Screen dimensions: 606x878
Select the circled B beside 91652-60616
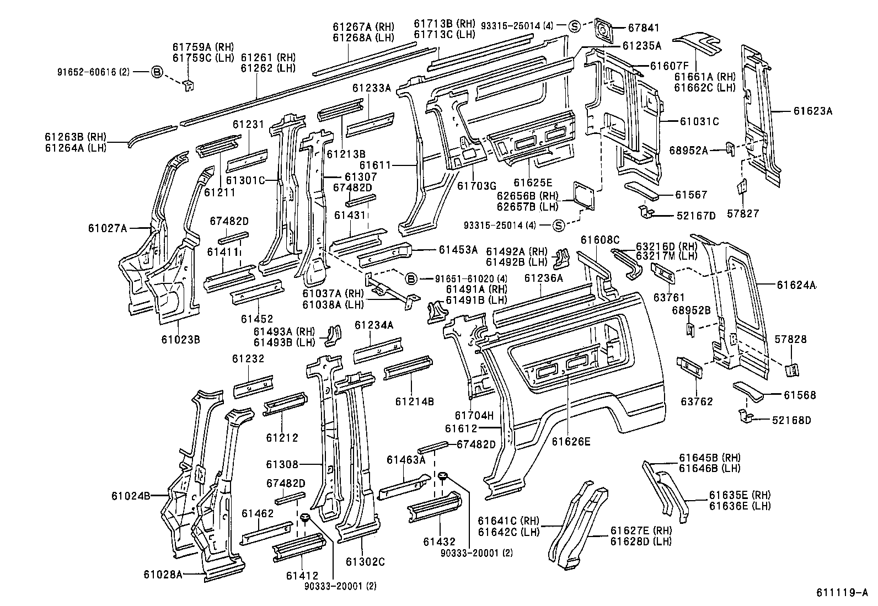click(x=157, y=72)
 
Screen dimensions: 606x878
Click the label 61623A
click(x=812, y=111)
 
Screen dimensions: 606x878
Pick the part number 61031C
click(x=699, y=122)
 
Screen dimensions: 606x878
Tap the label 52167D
click(x=695, y=216)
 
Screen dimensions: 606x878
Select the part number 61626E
click(x=570, y=441)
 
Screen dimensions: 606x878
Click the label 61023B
click(x=180, y=339)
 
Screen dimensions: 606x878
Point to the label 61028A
click(x=163, y=574)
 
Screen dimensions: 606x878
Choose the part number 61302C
click(x=365, y=562)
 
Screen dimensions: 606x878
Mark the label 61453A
click(x=458, y=250)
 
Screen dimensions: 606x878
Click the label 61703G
click(x=477, y=186)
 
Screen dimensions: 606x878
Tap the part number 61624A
click(x=796, y=285)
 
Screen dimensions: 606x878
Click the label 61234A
click(x=373, y=325)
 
